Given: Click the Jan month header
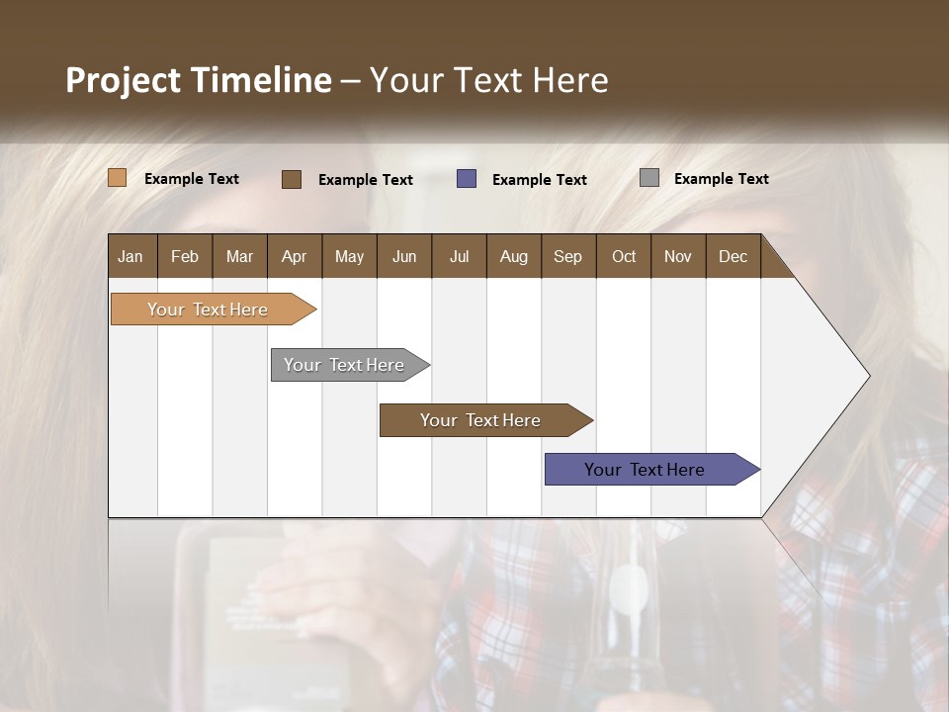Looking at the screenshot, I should tap(131, 256).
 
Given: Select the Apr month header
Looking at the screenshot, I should tap(294, 256).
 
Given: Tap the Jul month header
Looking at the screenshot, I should tap(459, 256).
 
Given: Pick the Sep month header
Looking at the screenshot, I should tap(567, 256).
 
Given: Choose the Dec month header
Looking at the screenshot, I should tap(733, 256).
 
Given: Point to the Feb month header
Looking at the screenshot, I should tap(185, 256).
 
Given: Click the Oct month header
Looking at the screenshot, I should tap(624, 256).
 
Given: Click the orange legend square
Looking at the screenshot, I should tap(118, 178).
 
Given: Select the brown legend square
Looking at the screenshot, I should tap(292, 179).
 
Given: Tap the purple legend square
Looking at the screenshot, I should tap(467, 179).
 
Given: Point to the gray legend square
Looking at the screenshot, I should tap(649, 178).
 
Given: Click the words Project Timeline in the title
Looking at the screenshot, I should tap(198, 80).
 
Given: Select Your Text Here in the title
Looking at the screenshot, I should tap(488, 80).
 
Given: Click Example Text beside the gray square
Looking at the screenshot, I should tap(721, 178).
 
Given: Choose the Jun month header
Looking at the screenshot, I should tap(404, 256).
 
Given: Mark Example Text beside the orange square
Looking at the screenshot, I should tap(192, 178).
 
